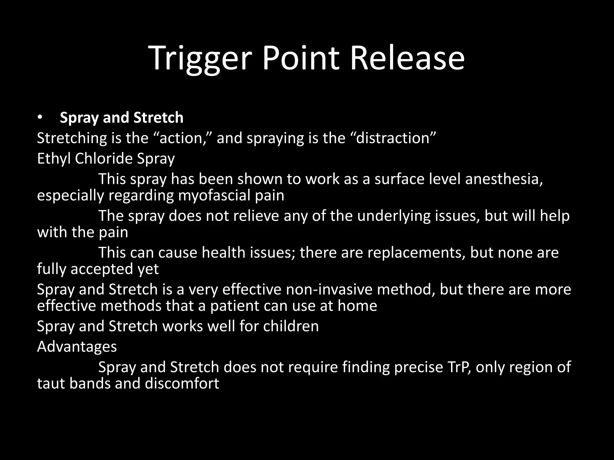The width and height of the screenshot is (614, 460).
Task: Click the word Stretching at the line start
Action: click(72, 138)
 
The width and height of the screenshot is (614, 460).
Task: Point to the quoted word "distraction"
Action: click(393, 138)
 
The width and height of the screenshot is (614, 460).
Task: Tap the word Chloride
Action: click(104, 159)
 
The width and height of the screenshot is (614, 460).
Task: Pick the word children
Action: click(291, 326)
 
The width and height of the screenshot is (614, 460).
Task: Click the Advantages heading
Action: click(77, 347)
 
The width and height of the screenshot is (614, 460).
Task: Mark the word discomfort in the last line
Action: click(182, 384)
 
